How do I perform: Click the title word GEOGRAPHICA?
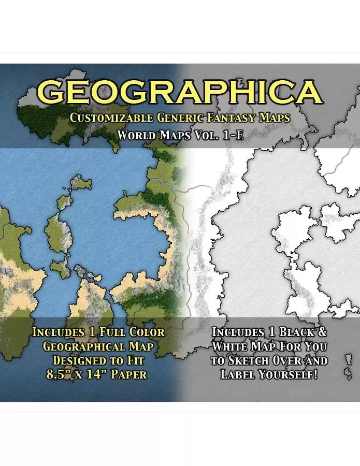click(180, 92)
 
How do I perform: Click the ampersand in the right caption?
click(322, 332)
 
